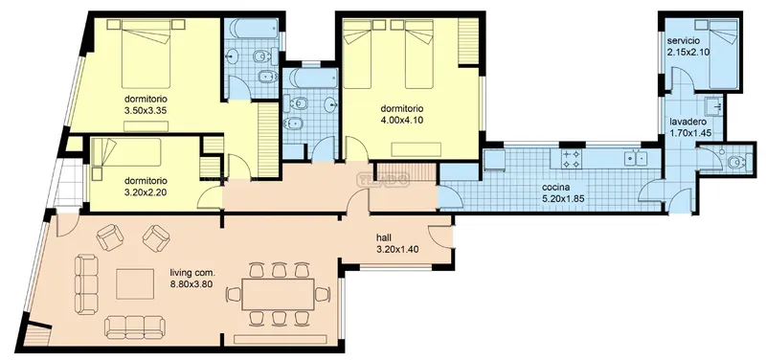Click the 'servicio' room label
684,40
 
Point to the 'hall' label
384,238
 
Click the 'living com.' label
192,273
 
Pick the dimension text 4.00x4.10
401,119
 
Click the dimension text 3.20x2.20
146,191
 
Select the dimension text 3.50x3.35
146,110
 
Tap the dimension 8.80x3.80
191,283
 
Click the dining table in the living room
278,294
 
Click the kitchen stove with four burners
571,158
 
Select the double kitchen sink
636,158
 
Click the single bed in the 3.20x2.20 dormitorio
126,152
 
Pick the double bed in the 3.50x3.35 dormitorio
146,54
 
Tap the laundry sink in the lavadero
713,106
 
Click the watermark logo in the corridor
384,179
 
